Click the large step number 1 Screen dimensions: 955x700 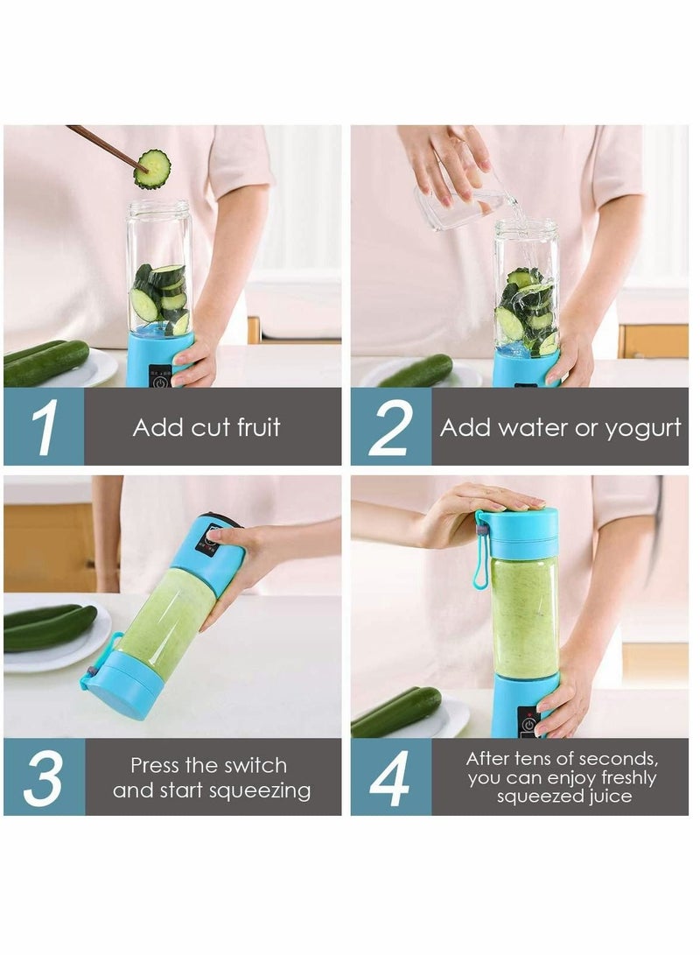44,427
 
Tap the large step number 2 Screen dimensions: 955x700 390,427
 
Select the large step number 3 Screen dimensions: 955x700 44,776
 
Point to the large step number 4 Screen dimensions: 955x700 390,776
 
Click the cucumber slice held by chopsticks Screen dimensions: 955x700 152,168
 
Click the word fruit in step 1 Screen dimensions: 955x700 255,428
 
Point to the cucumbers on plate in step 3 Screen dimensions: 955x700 49,628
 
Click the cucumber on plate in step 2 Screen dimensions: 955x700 416,371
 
